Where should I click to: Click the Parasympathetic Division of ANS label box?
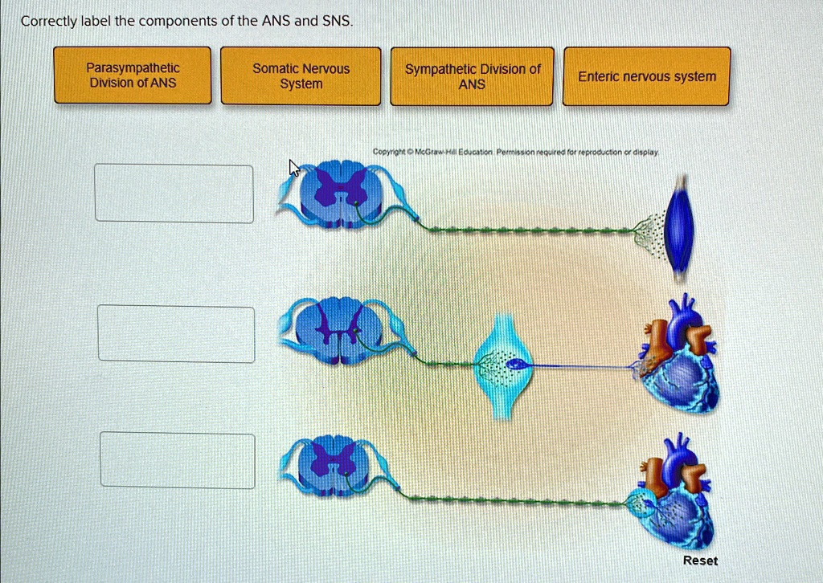133,75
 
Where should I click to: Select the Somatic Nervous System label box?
301,75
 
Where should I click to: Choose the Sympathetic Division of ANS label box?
472,75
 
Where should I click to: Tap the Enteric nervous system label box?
647,76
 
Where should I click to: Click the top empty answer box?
174,194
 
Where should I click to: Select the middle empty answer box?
176,334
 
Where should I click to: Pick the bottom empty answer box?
178,460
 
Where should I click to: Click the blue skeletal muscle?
681,227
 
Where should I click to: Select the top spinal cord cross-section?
338,193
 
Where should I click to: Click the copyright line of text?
515,151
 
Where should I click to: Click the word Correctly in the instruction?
47,22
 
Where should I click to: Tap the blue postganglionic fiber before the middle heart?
579,366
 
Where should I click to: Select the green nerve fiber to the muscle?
530,230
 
